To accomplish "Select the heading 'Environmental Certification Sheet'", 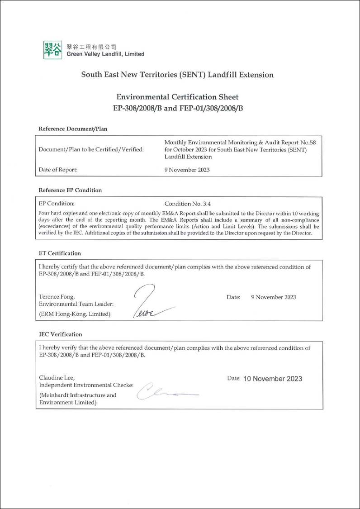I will pos(177,97).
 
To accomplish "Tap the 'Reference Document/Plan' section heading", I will pos(73,128).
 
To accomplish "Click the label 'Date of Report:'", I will pos(58,170).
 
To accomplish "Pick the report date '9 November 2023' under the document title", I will pos(187,170).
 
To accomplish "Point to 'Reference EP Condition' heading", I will pos(70,190).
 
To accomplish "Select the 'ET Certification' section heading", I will pos(60,253).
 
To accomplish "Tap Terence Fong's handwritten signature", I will pos(149,301).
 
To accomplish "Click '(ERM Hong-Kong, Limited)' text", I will pos(75,314).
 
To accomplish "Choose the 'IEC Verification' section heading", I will pos(61,334).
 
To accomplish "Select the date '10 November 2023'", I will pos(272,379).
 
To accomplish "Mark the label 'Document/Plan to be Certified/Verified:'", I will pos(91,150).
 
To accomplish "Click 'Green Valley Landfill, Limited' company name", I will pos(105,54).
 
